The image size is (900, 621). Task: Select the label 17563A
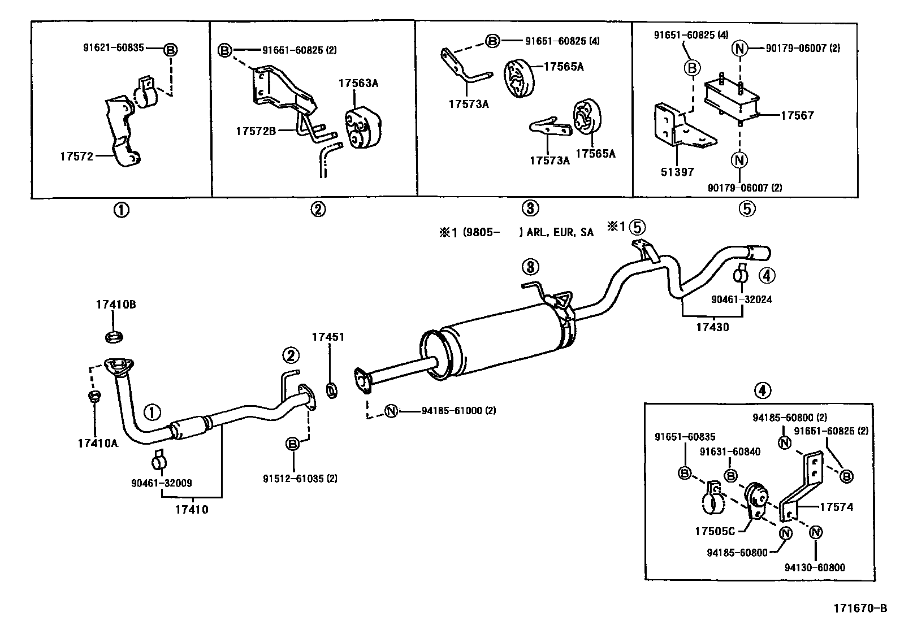click(x=358, y=83)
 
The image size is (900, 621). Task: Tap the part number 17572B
click(x=256, y=131)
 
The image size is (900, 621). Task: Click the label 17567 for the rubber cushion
click(x=797, y=115)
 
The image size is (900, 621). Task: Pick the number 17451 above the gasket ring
click(x=328, y=337)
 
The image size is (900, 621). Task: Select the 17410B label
click(x=115, y=305)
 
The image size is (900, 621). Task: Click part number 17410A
click(x=98, y=443)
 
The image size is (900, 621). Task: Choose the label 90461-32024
click(x=742, y=299)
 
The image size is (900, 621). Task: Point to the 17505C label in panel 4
click(x=715, y=531)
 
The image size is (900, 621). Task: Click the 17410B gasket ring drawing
click(x=115, y=337)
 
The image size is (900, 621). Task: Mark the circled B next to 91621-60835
click(x=170, y=50)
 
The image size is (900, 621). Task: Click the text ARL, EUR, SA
click(x=560, y=232)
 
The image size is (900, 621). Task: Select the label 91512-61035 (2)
click(x=300, y=478)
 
